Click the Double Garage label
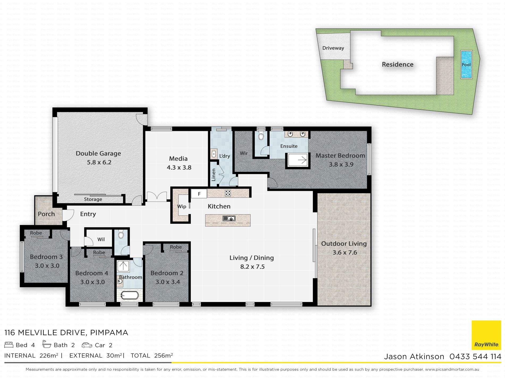pos(98,153)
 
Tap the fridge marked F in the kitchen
pos(199,194)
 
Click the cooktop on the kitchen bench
pos(228,193)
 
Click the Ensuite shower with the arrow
pos(298,160)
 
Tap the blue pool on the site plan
pos(466,64)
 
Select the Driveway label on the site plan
pos(333,48)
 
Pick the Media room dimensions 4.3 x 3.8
pos(179,167)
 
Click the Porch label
pos(46,214)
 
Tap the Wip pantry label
pos(182,206)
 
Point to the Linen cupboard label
pos(213,175)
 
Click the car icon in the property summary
pos(87,345)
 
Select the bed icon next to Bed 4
pos(9,345)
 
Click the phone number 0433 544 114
pos(475,357)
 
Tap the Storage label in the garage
pos(93,199)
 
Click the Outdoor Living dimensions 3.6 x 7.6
pos(345,253)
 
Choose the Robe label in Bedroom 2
pos(176,247)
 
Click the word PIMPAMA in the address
pos(109,333)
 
